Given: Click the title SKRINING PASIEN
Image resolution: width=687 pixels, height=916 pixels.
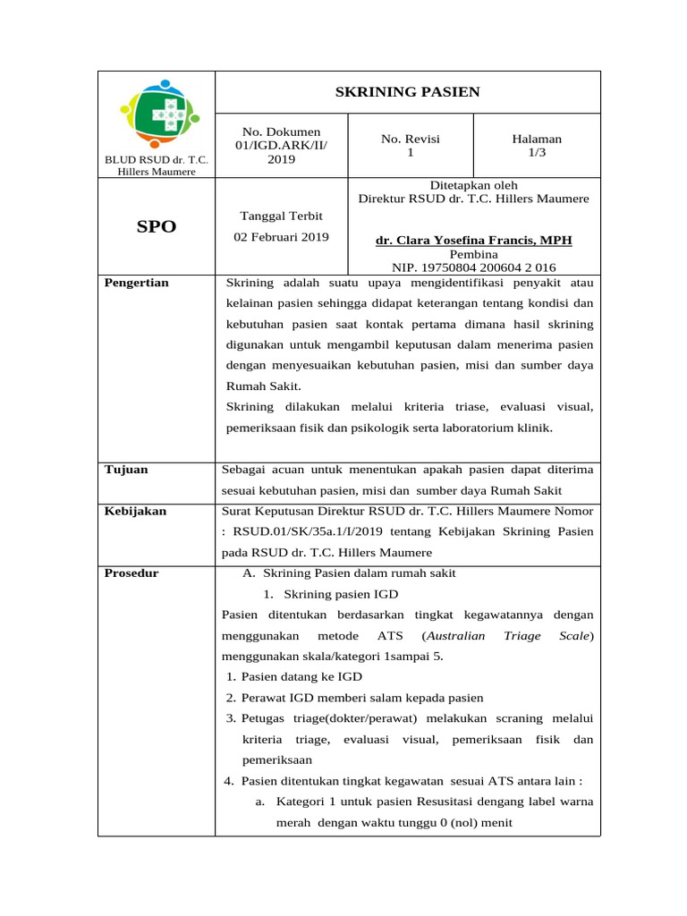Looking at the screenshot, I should click(407, 92).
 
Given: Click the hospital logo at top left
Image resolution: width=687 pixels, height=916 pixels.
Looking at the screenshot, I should click(156, 114).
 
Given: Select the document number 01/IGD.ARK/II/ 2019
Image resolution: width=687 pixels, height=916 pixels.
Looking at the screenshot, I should click(281, 152).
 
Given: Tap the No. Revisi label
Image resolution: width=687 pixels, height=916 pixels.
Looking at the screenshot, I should click(411, 139).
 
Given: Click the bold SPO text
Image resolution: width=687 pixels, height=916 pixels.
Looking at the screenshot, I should click(157, 227).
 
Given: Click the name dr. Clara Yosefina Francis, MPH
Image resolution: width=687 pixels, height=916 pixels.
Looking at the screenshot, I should click(473, 241).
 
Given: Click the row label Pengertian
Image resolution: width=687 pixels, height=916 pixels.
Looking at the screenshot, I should click(137, 283).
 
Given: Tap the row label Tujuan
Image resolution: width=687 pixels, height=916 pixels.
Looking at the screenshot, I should click(126, 469).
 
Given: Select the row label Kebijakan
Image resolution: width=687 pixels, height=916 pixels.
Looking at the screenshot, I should click(135, 511).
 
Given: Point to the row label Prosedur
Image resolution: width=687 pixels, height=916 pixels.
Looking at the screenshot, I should click(131, 572).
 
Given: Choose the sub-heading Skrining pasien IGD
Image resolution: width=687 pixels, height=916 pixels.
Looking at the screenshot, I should click(341, 594).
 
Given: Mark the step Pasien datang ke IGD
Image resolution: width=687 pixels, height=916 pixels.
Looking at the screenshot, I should click(301, 676).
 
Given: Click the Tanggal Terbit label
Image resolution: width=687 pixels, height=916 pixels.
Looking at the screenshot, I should click(282, 216).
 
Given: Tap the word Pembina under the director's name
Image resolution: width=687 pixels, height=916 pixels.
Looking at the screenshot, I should click(473, 254).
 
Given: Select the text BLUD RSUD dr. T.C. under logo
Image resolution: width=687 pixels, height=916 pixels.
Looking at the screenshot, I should click(157, 160).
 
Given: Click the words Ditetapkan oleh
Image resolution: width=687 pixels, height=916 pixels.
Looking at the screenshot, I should click(473, 185).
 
